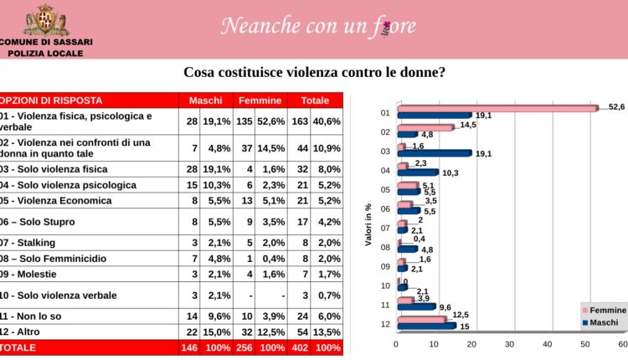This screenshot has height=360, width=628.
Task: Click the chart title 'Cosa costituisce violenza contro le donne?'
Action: [x=314, y=73]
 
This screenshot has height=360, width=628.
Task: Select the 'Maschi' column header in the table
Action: [x=205, y=100]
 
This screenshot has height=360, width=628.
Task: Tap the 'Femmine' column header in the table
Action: [x=260, y=100]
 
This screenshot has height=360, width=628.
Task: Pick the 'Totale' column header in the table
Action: [x=315, y=100]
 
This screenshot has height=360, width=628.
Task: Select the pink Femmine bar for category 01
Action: [x=496, y=107]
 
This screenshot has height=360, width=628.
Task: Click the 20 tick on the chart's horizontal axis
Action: [x=472, y=342]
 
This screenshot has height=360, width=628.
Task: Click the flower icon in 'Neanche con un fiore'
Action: [x=386, y=26]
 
